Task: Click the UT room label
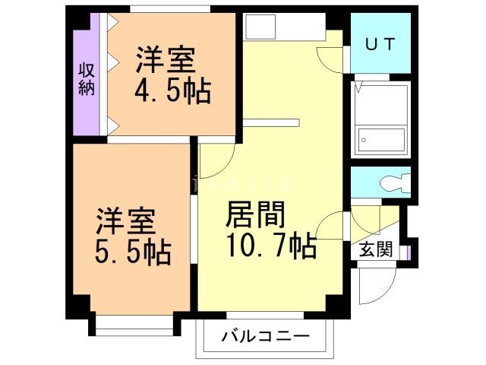(380, 44)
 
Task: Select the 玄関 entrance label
(376, 249)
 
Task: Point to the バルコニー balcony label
(266, 335)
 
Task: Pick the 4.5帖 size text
(172, 90)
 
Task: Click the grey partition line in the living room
(272, 122)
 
